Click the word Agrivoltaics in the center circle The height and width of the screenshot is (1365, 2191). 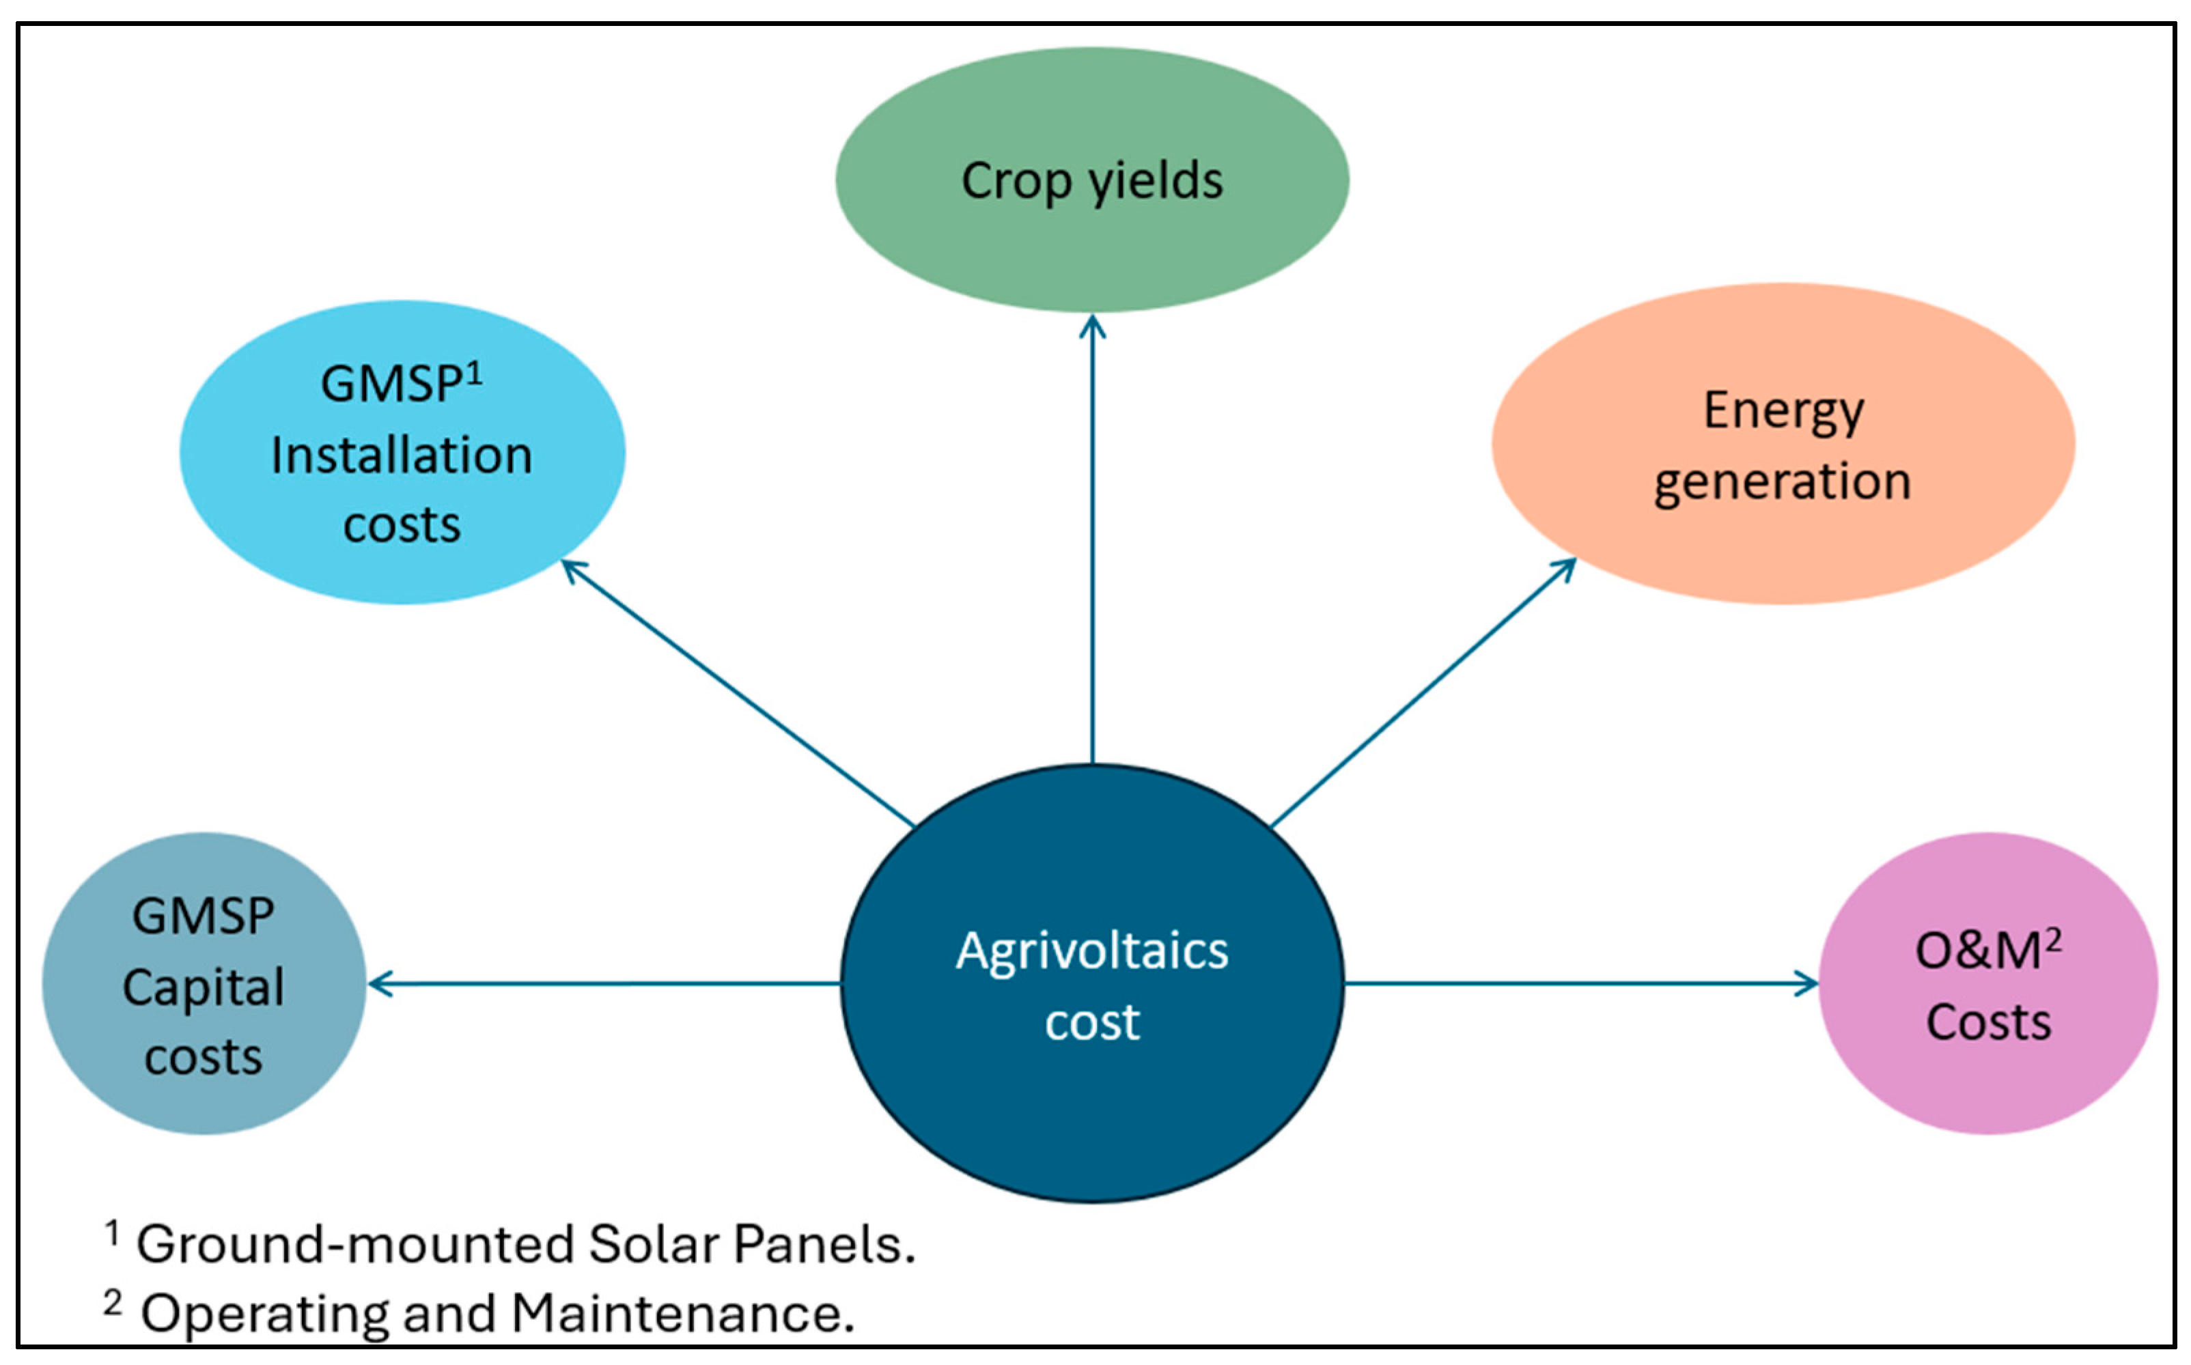(1091, 951)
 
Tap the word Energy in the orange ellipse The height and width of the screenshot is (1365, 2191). (1783, 412)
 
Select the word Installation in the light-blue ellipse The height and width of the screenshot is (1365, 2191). (402, 455)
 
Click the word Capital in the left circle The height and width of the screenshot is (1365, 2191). (204, 987)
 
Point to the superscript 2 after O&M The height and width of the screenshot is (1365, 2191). (2053, 940)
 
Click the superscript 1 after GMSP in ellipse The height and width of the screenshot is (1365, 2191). (475, 373)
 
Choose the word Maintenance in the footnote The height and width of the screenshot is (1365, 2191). (682, 1314)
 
